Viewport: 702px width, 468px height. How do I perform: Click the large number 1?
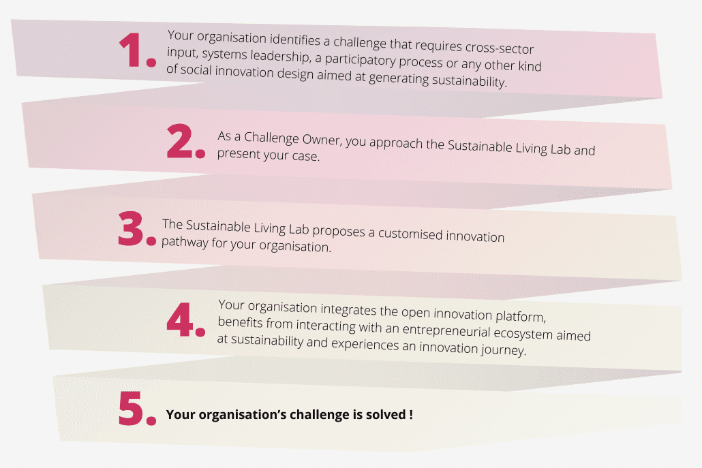click(x=132, y=50)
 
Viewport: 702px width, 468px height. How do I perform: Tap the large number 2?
click(x=180, y=141)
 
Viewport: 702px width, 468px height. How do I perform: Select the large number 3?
click(x=130, y=229)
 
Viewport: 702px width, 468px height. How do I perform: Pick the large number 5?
click(x=130, y=408)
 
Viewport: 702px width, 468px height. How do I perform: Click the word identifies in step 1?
click(x=294, y=40)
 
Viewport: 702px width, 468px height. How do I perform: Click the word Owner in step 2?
click(x=322, y=140)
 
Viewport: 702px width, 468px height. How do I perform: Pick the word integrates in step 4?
click(x=349, y=309)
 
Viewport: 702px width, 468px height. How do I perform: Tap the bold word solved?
click(x=386, y=415)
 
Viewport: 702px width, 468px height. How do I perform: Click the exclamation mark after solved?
click(x=411, y=415)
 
